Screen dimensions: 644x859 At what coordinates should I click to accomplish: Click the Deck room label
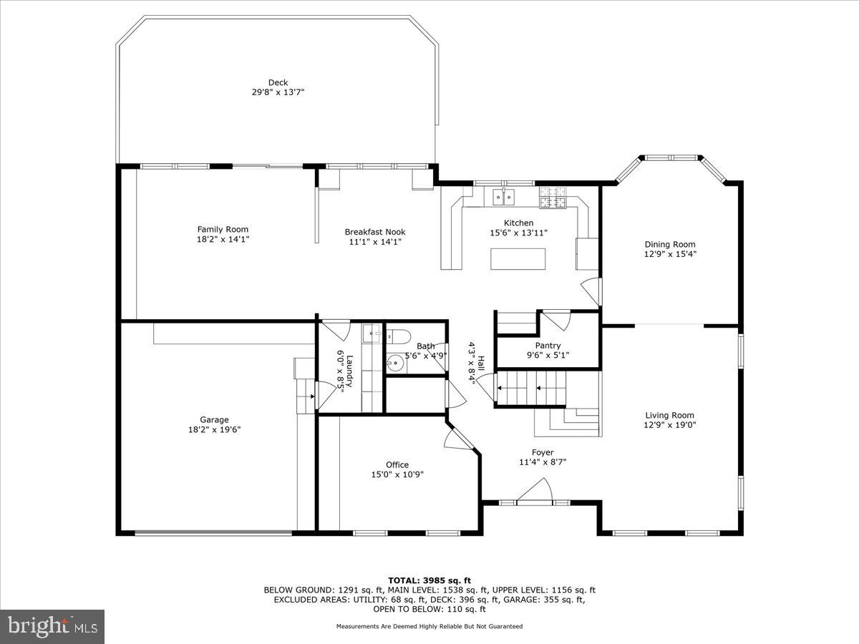point(278,82)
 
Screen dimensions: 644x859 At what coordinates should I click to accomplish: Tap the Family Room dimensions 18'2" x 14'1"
point(223,239)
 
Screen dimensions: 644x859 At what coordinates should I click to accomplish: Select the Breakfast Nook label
point(374,232)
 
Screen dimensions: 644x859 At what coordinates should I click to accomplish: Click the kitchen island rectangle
point(518,258)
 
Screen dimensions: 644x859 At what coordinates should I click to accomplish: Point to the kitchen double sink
point(505,195)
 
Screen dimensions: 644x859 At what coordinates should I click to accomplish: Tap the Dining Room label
point(669,244)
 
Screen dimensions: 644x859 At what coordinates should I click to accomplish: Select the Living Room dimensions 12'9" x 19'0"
point(669,424)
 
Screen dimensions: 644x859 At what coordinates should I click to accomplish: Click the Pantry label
point(548,346)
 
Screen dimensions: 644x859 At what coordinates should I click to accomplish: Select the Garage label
point(214,420)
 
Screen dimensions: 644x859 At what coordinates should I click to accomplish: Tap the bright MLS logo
point(52,626)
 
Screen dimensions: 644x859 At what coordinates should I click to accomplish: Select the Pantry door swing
point(556,320)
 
